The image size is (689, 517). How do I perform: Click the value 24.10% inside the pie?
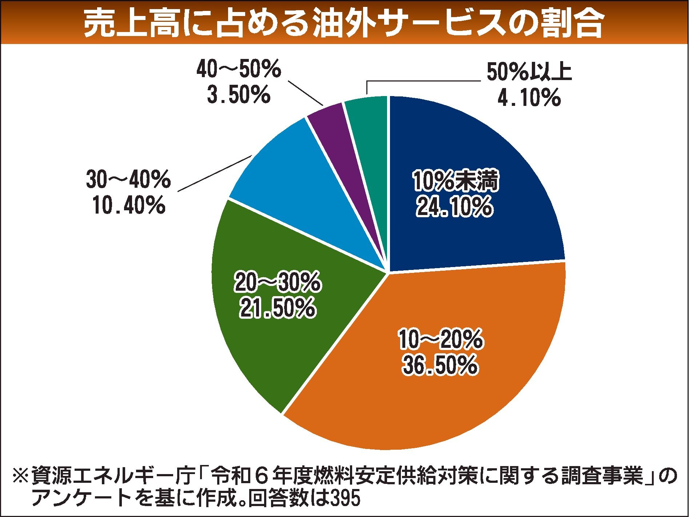pyautogui.click(x=454, y=207)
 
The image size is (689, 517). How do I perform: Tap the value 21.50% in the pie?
pyautogui.click(x=276, y=308)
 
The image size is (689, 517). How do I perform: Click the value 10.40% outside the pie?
pyautogui.click(x=129, y=206)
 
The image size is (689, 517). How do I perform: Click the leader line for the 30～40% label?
pyautogui.click(x=215, y=173)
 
